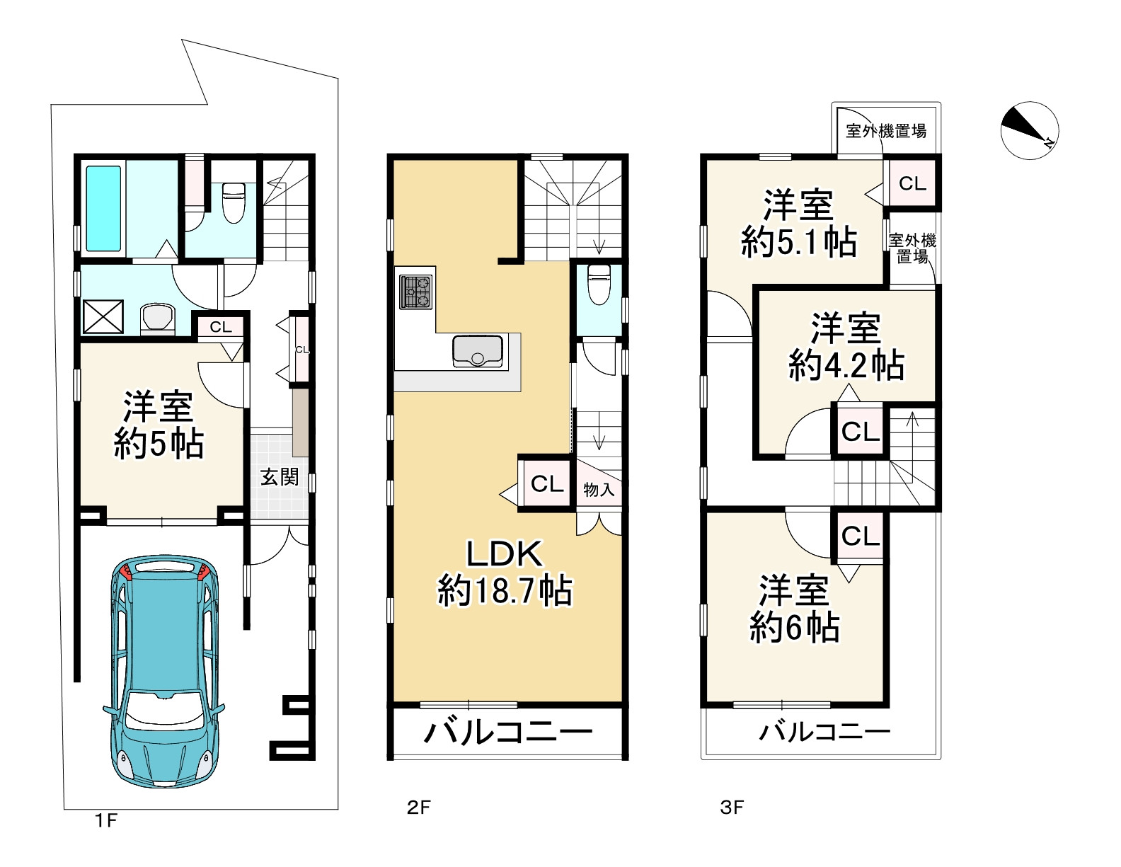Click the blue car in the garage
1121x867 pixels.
pyautogui.click(x=165, y=671)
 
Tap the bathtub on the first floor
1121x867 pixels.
pyautogui.click(x=103, y=208)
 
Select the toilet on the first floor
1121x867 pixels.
pyautogui.click(x=233, y=203)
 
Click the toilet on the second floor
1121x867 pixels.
pyautogui.click(x=599, y=285)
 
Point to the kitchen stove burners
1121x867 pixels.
pyautogui.click(x=415, y=292)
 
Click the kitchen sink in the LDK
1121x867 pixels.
pyautogui.click(x=477, y=351)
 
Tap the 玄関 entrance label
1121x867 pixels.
pyautogui.click(x=280, y=477)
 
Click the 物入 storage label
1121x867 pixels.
pyautogui.click(x=599, y=490)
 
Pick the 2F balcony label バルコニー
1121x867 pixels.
pyautogui.click(x=507, y=733)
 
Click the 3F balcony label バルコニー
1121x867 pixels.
pyautogui.click(x=825, y=731)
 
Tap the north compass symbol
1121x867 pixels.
pyautogui.click(x=1030, y=130)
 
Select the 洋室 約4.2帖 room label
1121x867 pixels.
pyautogui.click(x=846, y=347)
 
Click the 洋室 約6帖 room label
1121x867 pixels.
pyautogui.click(x=795, y=609)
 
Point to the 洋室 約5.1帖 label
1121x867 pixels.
pyautogui.click(x=798, y=224)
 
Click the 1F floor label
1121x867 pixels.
pyautogui.click(x=106, y=820)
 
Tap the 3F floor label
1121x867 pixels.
pyautogui.click(x=732, y=807)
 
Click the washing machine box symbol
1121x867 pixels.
pyautogui.click(x=103, y=316)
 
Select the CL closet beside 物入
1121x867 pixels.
pyautogui.click(x=547, y=484)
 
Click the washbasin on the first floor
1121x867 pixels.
pyautogui.click(x=159, y=318)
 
